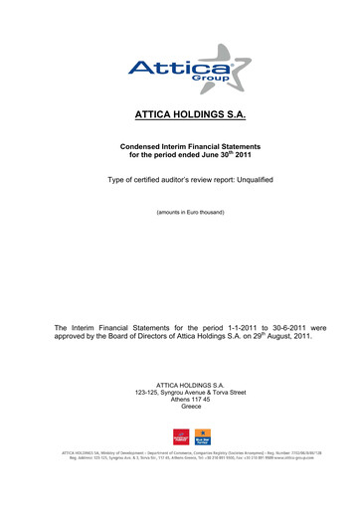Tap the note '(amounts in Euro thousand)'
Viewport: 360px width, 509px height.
[x=179, y=212]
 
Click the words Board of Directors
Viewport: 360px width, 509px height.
[x=144, y=336]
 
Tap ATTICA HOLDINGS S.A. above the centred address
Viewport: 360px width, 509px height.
[x=179, y=384]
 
